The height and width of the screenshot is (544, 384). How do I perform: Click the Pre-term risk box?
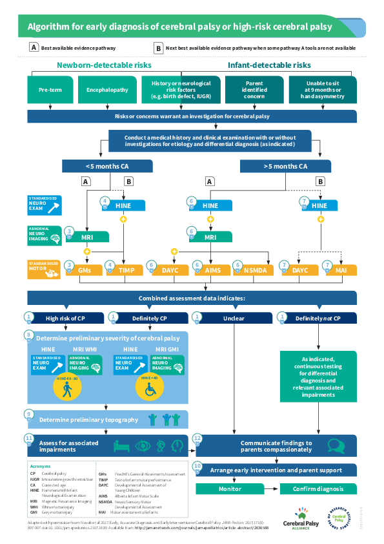pos(50,90)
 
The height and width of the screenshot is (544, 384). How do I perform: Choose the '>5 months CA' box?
pos(285,166)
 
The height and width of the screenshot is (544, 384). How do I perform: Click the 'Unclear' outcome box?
pos(233,318)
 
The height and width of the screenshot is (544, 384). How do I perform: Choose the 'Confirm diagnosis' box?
pos(318,490)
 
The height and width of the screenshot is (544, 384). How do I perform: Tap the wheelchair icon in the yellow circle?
pos(149,390)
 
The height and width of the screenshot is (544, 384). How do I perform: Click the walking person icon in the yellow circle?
pos(67,390)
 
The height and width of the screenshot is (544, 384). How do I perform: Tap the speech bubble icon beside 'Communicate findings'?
pos(335,446)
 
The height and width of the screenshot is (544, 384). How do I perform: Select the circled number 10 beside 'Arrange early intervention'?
pos(197,466)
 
